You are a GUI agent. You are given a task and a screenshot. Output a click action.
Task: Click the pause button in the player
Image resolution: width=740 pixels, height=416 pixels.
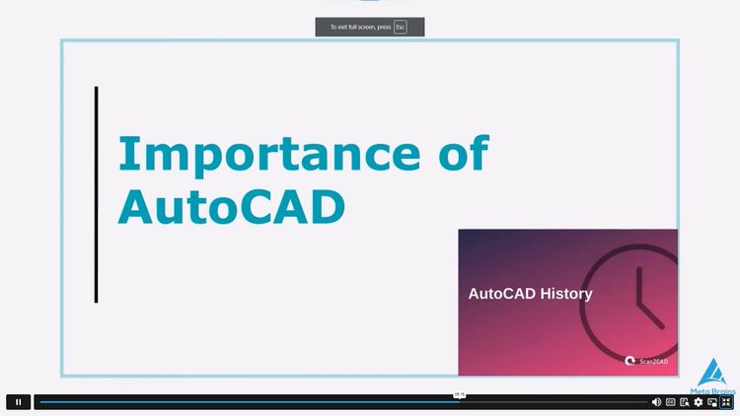pos(18,402)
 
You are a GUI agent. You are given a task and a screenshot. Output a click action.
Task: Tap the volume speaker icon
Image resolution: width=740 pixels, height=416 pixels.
pos(656,402)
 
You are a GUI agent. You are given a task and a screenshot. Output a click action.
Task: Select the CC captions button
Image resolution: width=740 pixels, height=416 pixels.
pos(671,402)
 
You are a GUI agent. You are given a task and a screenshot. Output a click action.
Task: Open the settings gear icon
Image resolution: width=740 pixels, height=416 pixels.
pos(699,402)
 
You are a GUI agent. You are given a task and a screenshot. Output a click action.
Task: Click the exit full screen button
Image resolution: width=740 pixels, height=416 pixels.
pos(726,402)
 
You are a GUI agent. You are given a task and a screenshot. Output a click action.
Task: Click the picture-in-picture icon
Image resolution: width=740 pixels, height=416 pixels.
pos(712,402)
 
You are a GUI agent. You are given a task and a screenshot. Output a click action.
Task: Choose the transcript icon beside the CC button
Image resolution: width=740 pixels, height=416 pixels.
pos(685,402)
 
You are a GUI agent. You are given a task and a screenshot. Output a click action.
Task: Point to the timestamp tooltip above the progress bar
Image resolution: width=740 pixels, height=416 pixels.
pos(459,394)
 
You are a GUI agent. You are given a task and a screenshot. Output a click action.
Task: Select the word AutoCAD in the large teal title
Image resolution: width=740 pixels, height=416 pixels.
pos(232,206)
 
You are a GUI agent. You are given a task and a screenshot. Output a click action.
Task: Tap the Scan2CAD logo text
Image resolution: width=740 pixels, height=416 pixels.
pos(653,362)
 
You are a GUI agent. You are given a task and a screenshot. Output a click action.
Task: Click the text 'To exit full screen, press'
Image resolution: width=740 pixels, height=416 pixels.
pos(360,27)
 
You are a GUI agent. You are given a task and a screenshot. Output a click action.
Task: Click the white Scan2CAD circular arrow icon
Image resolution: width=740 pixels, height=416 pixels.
pos(630,361)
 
